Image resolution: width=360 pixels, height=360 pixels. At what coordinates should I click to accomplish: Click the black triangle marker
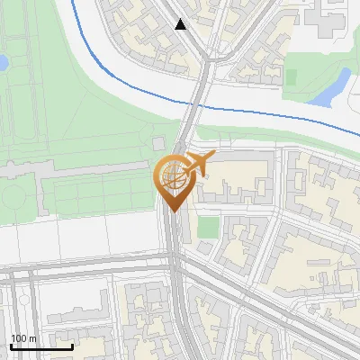pyautogui.click(x=181, y=24)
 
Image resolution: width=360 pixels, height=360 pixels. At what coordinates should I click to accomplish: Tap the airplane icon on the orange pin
pyautogui.click(x=198, y=164)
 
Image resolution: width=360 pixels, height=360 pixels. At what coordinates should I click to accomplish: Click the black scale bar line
pyautogui.click(x=41, y=346)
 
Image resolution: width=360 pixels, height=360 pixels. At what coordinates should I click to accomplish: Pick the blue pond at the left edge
pyautogui.click(x=3, y=63)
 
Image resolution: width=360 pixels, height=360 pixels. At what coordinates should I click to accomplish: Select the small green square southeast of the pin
pyautogui.click(x=208, y=227)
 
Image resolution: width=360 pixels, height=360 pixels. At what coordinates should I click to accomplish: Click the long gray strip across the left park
pyautogui.click(x=81, y=168)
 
